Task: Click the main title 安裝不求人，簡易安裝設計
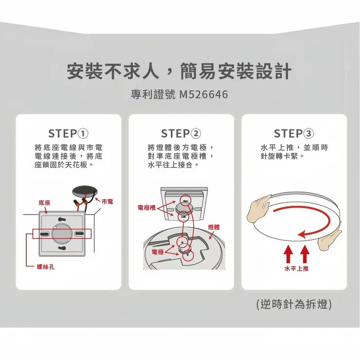(x=179, y=72)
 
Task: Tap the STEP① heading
(x=68, y=133)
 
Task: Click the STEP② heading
(x=181, y=133)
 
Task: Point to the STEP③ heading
(x=294, y=133)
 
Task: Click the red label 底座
(x=45, y=201)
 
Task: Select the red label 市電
(x=108, y=200)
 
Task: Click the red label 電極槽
(x=146, y=208)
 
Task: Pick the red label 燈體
(x=214, y=227)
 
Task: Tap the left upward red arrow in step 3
(x=288, y=253)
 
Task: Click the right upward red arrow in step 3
(x=305, y=253)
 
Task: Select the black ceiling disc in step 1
(x=84, y=191)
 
